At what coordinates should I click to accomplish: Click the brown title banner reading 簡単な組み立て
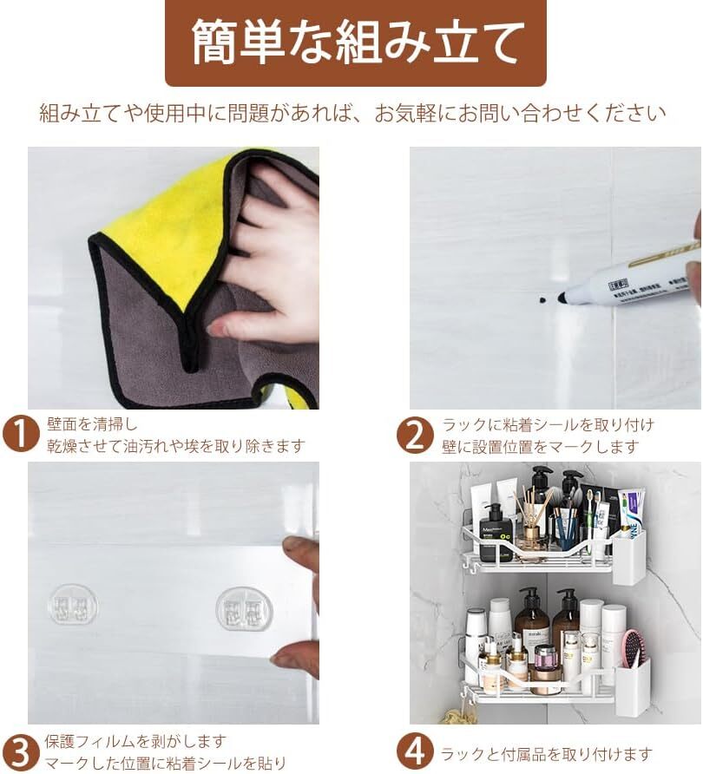click(356, 43)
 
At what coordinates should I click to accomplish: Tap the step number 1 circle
click(20, 435)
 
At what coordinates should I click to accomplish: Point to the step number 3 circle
click(20, 753)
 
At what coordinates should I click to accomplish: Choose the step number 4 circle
click(415, 752)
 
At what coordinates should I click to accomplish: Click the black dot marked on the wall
click(542, 299)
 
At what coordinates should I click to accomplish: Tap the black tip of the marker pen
click(562, 297)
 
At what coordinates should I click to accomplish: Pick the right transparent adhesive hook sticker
click(245, 608)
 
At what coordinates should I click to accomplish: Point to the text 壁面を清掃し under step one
click(92, 423)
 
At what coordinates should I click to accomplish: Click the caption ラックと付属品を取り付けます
click(546, 754)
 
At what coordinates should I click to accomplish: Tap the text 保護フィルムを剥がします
click(135, 741)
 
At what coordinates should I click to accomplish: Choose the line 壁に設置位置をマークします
click(541, 447)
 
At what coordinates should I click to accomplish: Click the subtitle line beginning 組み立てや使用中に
click(352, 114)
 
